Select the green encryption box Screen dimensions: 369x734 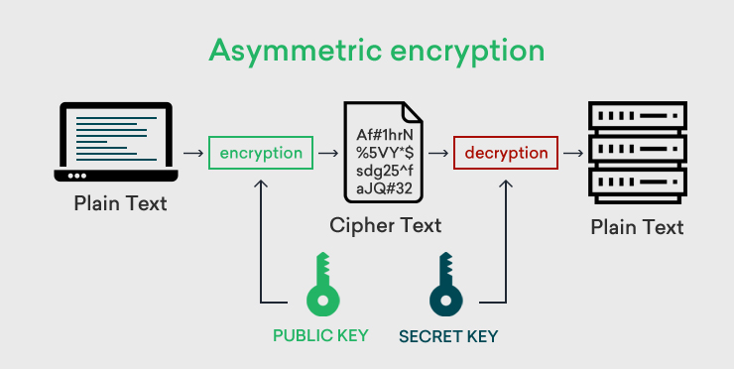click(x=261, y=154)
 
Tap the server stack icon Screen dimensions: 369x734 click(x=637, y=152)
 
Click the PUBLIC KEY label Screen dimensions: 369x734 click(x=320, y=335)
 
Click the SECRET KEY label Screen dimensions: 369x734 click(x=447, y=336)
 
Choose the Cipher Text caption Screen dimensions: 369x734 click(x=385, y=225)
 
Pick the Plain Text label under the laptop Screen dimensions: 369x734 click(x=120, y=204)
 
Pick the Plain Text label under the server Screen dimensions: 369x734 click(x=637, y=227)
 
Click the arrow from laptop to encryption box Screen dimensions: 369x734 click(x=192, y=154)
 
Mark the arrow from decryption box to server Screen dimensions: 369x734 click(x=572, y=154)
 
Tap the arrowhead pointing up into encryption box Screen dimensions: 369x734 click(x=261, y=184)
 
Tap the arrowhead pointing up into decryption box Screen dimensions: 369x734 click(x=507, y=184)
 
